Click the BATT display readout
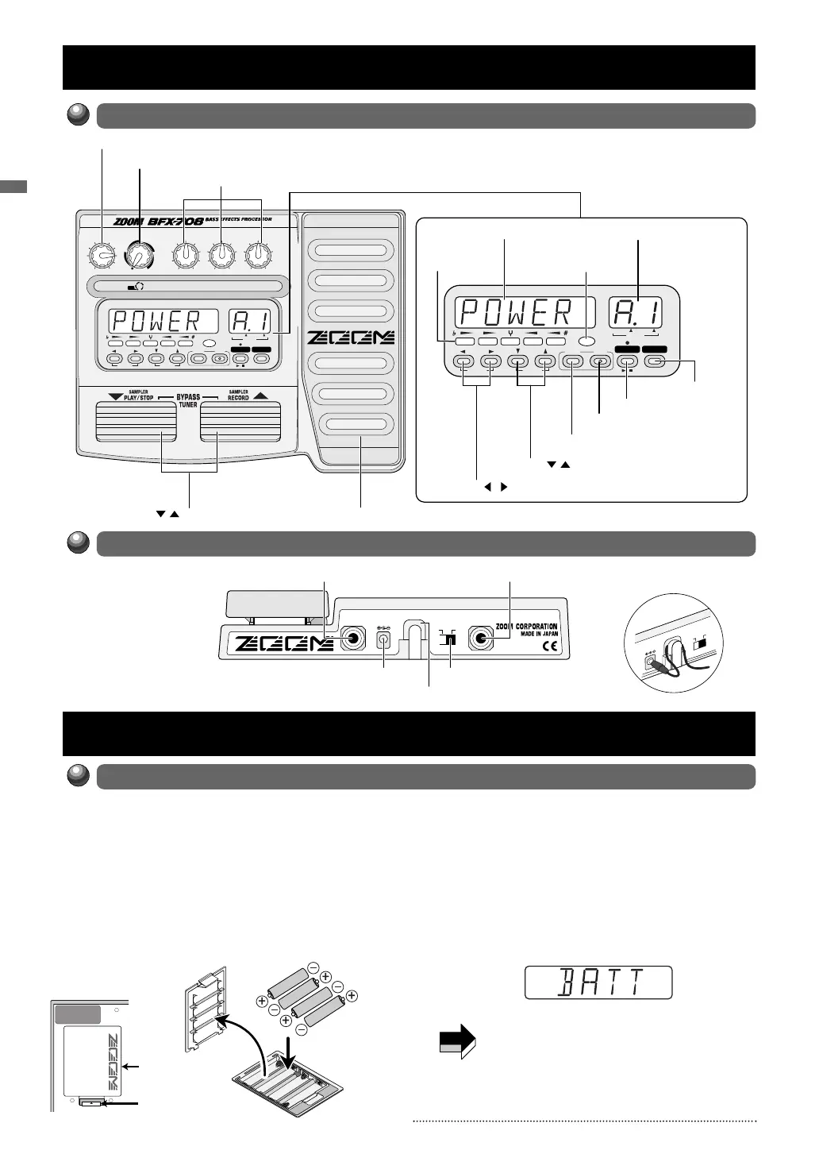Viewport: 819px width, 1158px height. pos(598,982)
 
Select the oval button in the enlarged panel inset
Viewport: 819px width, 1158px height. pos(586,340)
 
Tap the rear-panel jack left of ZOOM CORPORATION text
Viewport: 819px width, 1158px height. pos(481,639)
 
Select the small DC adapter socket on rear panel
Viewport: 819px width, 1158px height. pos(385,639)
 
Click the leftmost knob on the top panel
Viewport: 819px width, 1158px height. pos(101,255)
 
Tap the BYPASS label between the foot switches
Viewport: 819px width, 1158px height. pos(188,396)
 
